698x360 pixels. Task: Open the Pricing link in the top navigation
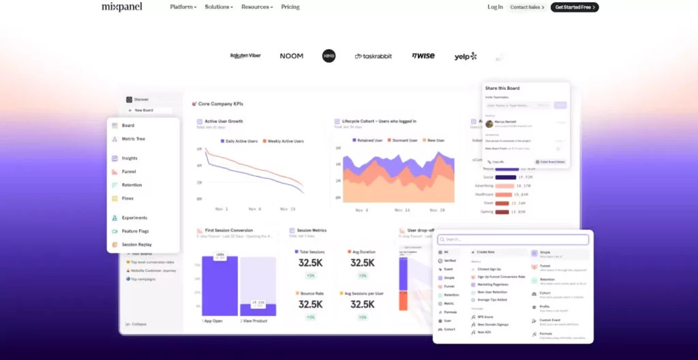[290, 7]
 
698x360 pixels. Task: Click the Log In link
[495, 7]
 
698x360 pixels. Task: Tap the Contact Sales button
[527, 7]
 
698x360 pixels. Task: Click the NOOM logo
[291, 56]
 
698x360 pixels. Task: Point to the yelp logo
[466, 56]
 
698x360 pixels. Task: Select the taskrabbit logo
[374, 56]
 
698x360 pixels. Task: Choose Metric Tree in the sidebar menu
[133, 139]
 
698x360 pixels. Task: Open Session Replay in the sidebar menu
[136, 244]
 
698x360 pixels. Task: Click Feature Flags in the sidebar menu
[136, 231]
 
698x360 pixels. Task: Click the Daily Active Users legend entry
[241, 141]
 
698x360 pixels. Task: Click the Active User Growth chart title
[224, 121]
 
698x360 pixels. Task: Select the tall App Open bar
[219, 286]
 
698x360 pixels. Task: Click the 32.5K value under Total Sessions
[310, 263]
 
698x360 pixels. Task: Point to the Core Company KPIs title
[220, 104]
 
